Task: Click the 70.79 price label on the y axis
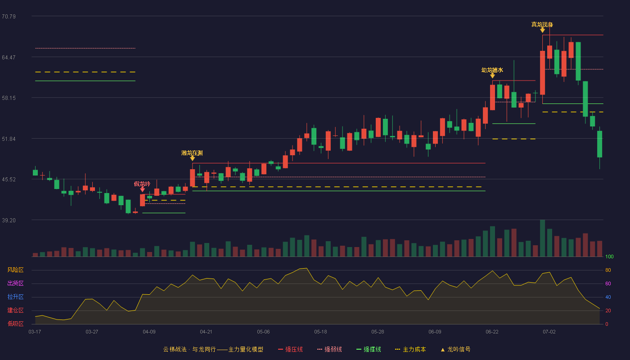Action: click(9, 17)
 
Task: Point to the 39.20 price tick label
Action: click(9, 220)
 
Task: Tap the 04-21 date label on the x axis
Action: click(206, 332)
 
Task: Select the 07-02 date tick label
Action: click(549, 332)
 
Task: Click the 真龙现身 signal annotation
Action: click(542, 24)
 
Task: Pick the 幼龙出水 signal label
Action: click(492, 70)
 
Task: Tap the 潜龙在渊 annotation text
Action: click(192, 153)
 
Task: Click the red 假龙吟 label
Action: click(142, 184)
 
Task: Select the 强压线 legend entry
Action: click(290, 349)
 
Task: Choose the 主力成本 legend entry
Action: click(410, 349)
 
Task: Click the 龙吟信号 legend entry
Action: click(455, 349)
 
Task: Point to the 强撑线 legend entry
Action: click(369, 349)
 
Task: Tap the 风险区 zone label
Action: click(15, 270)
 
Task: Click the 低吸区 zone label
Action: click(15, 324)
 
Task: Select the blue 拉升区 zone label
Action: click(15, 297)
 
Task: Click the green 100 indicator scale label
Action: click(609, 256)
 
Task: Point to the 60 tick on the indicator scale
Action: click(608, 283)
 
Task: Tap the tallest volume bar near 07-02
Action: click(543, 238)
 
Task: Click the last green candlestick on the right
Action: click(599, 144)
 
